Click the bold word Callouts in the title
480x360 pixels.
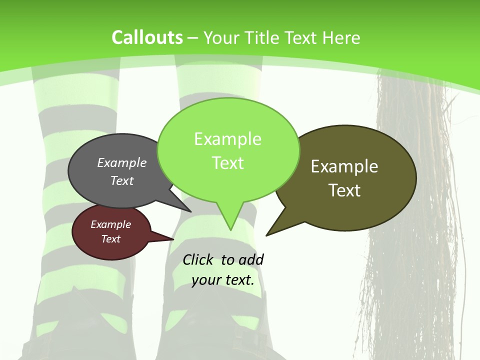147,37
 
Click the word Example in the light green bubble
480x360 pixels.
227,139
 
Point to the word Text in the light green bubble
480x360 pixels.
227,163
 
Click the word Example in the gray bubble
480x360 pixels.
122,162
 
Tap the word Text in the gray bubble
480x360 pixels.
122,180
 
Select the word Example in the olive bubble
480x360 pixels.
344,166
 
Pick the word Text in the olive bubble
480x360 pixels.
344,190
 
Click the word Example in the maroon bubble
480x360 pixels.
110,224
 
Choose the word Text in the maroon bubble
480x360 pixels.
110,239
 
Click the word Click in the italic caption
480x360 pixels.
198,259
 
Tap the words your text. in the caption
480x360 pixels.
223,279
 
